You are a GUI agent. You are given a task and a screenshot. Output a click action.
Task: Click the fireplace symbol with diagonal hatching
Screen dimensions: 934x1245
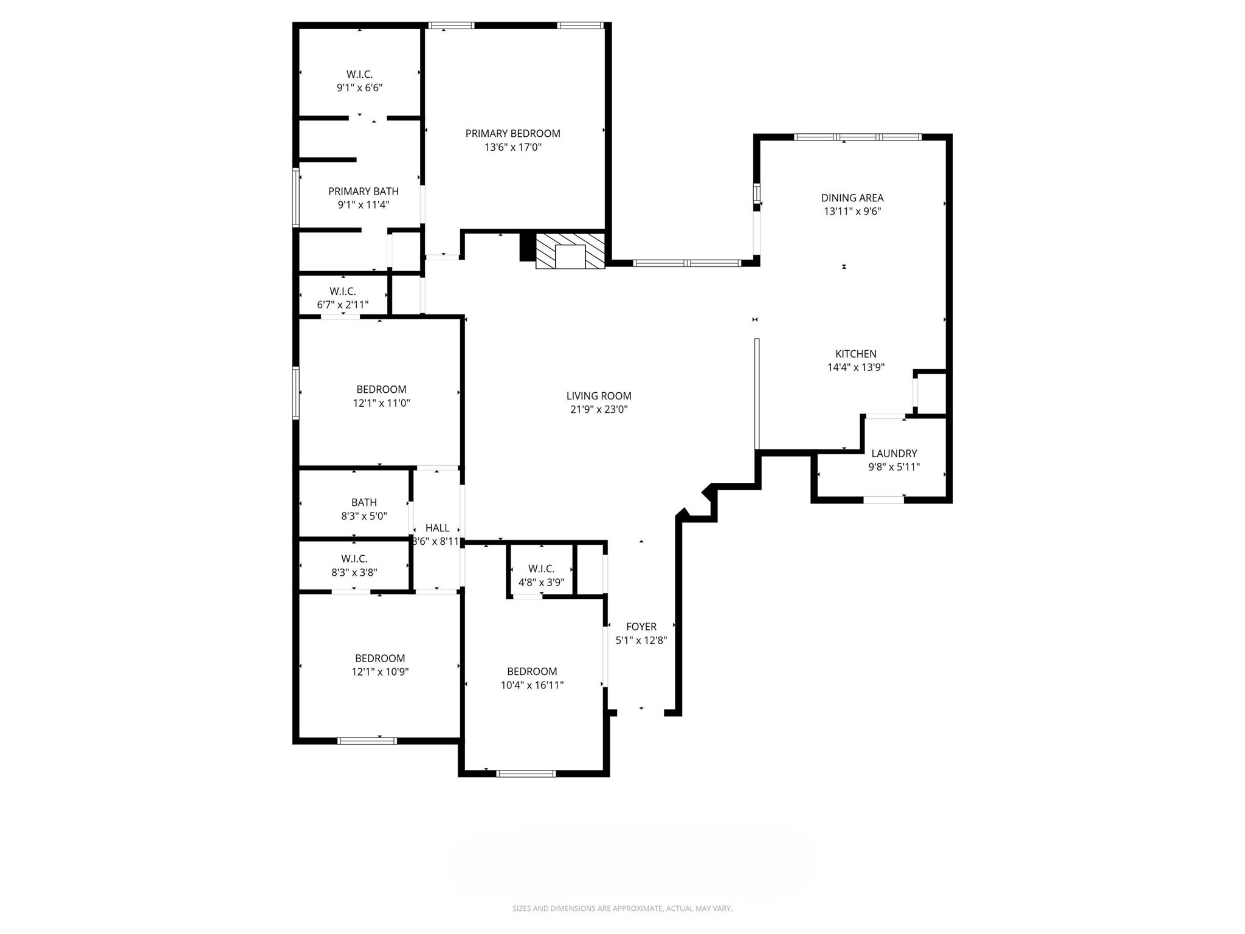[x=570, y=251]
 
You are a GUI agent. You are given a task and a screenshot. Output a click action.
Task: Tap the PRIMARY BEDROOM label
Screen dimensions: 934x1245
[x=512, y=133]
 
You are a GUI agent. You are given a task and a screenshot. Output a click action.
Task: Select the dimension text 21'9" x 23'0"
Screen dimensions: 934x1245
[x=598, y=409]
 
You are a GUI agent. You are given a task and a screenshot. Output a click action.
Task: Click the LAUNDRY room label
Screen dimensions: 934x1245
[x=894, y=453]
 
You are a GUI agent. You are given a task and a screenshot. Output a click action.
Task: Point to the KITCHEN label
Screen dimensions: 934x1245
[x=855, y=353]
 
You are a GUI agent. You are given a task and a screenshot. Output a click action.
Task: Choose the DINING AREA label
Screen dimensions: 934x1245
[x=852, y=198]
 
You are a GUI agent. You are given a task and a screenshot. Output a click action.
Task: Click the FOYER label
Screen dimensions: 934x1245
[x=641, y=626]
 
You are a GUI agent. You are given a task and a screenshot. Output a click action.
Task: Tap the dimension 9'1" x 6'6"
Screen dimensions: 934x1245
[x=359, y=88]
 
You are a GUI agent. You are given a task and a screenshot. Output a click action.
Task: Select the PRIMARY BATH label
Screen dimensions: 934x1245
[x=363, y=191]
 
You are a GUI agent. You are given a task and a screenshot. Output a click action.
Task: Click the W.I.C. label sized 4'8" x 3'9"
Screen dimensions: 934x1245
[x=541, y=569]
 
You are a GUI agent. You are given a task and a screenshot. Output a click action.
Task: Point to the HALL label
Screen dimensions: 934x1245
[x=437, y=528]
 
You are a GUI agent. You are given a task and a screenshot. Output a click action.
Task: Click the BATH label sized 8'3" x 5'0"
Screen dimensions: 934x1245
[x=364, y=502]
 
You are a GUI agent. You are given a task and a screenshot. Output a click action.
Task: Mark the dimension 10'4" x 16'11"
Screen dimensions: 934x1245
[x=532, y=685]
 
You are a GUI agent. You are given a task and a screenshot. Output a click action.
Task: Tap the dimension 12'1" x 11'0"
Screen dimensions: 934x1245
[x=381, y=403]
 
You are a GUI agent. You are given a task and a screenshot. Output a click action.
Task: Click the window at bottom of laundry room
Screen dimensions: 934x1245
[x=883, y=500]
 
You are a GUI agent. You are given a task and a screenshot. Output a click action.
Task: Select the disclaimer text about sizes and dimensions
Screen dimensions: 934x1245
[x=622, y=908]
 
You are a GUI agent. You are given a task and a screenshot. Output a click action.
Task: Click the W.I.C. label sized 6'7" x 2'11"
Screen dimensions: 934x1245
[x=342, y=291]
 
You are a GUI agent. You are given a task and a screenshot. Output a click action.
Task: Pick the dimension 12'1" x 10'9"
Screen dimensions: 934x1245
[x=380, y=672]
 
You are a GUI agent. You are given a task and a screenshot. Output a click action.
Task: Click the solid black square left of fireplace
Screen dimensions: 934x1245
[x=527, y=247]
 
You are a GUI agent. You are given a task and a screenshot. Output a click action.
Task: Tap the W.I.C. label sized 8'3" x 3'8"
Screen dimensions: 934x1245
[x=354, y=558]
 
